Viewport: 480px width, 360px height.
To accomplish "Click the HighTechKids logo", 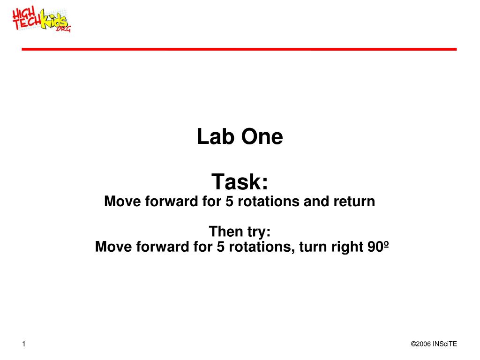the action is [41, 20].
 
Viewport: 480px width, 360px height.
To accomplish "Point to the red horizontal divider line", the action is [239, 49].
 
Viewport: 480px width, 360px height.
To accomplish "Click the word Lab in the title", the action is [216, 136].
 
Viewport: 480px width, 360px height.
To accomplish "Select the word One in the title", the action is [262, 136].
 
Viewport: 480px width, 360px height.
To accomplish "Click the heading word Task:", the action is [240, 181].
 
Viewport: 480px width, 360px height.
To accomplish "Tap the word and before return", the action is [316, 201].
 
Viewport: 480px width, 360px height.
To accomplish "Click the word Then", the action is [225, 231].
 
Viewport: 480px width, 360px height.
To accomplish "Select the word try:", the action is [259, 232].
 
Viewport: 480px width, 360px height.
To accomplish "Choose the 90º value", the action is [378, 247].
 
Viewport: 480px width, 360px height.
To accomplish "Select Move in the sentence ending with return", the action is [122, 202].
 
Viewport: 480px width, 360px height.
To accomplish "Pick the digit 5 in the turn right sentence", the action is [221, 247].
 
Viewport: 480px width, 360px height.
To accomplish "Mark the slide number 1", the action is [24, 344].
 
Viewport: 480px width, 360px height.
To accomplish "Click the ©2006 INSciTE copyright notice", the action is [434, 344].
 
